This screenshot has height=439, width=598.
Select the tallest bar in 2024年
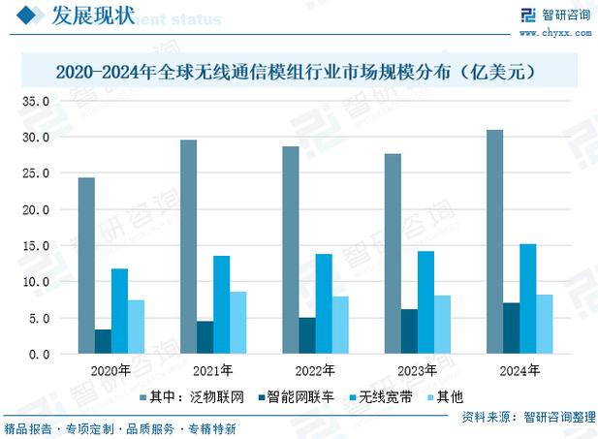click(x=494, y=241)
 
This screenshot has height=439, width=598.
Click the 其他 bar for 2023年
click(x=443, y=325)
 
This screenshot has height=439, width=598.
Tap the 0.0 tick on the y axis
click(x=40, y=354)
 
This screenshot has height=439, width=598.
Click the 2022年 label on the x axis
click(x=314, y=371)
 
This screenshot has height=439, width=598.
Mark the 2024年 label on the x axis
click(x=519, y=371)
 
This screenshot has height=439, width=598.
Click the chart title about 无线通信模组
click(x=299, y=72)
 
